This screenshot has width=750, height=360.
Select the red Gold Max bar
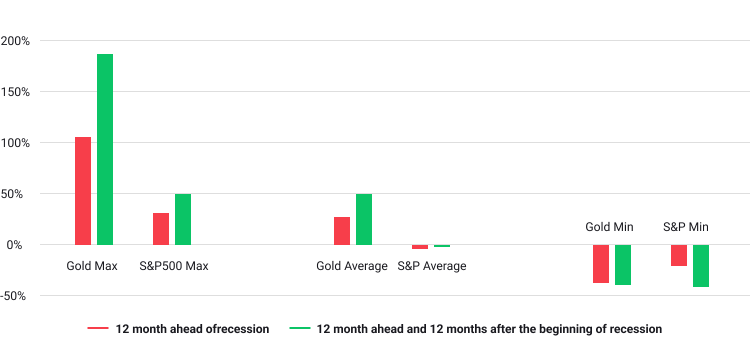pos(83,190)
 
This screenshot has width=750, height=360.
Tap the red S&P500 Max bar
pos(161,228)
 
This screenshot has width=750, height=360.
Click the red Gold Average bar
pos(342,230)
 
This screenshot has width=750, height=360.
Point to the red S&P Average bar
pos(420,246)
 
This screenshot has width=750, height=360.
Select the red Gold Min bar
pos(601,263)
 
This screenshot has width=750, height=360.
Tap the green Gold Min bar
pos(623,264)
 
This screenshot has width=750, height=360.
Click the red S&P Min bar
pos(679,255)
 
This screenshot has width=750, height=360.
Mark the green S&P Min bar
pos(701,265)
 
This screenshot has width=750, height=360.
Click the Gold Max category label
pos(92,266)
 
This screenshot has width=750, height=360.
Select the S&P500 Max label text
pos(173,266)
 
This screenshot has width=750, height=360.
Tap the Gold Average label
pos(352,266)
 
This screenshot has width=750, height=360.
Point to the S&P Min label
pos(685,227)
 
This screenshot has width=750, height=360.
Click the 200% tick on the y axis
pos(15,41)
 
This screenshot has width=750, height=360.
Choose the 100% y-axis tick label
pos(15,143)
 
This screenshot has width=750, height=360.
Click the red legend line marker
pos(98,328)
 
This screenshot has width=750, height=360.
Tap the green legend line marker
pos(299,328)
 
